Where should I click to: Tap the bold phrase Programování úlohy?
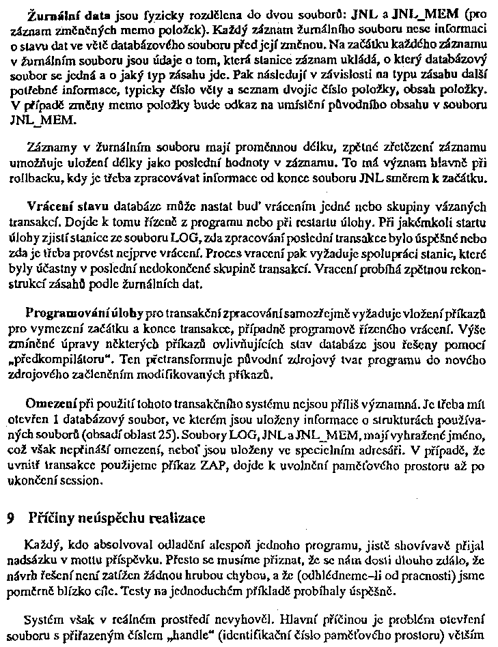coord(85,313)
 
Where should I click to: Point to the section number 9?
coord(10,518)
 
